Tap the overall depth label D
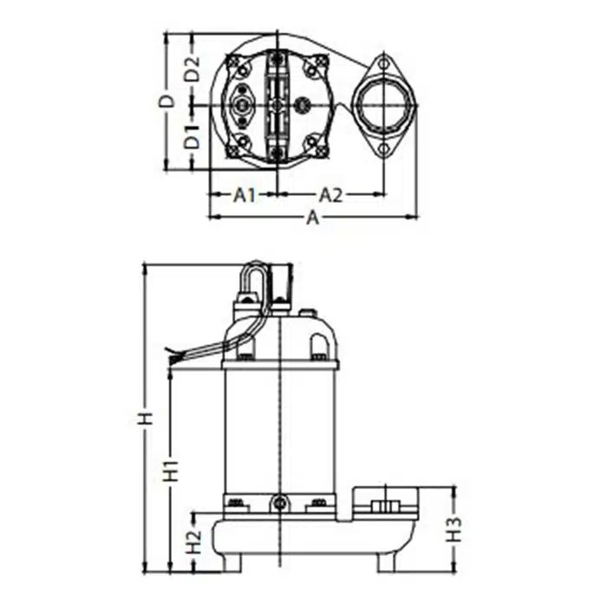coord(167,101)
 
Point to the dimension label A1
coord(245,195)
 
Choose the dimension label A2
coord(330,195)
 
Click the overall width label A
coord(313,218)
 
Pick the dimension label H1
coord(171,471)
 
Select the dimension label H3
coord(454,530)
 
